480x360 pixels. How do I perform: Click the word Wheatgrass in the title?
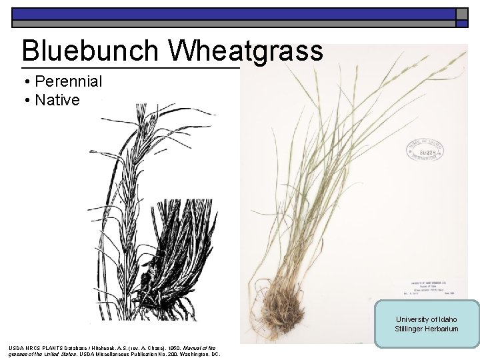click(247, 51)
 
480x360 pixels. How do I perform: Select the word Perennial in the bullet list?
click(69, 82)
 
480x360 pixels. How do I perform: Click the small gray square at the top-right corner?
click(461, 13)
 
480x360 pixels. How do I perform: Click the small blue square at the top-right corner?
click(461, 23)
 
